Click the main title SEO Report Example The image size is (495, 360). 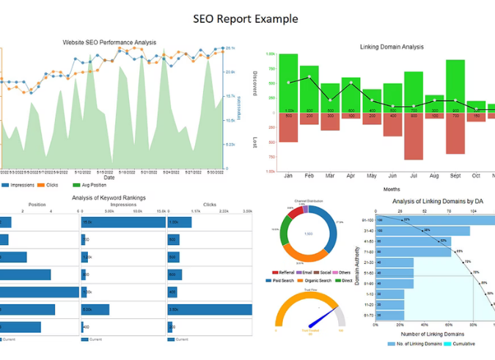coord(246,18)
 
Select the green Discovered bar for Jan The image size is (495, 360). coord(288,82)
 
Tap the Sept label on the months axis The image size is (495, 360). coord(455,176)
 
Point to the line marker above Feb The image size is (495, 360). coord(309,76)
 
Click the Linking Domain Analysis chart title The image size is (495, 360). coord(392,47)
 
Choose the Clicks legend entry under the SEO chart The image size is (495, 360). coord(48,185)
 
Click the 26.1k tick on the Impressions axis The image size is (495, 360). coord(230,48)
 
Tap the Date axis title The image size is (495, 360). coord(109,177)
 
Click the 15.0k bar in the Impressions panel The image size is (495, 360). coord(122,222)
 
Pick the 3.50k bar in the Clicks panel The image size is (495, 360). coord(210,310)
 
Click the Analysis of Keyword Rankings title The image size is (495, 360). coord(109,197)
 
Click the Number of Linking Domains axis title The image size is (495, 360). coord(427,334)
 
